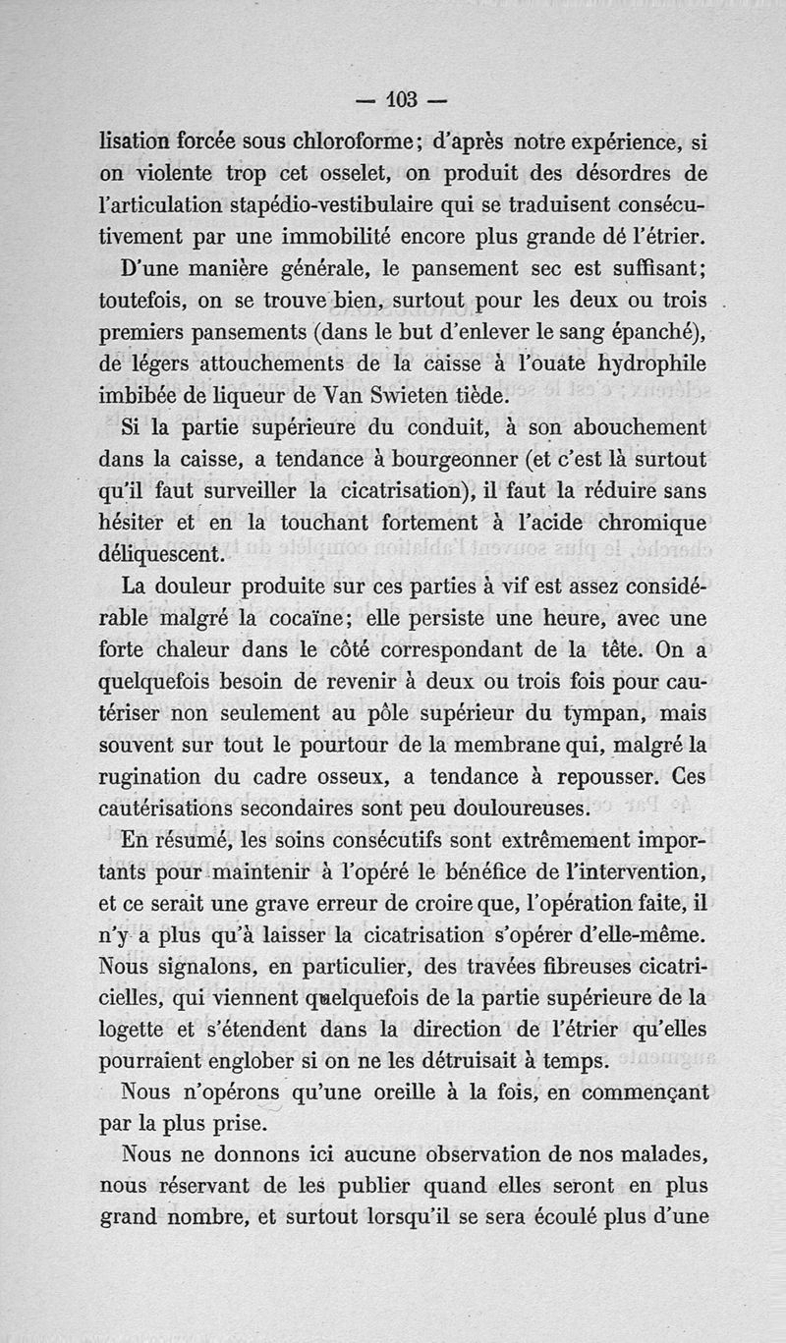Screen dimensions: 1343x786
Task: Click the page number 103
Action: pyautogui.click(x=403, y=98)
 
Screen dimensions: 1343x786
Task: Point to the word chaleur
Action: pyautogui.click(x=220, y=650)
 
